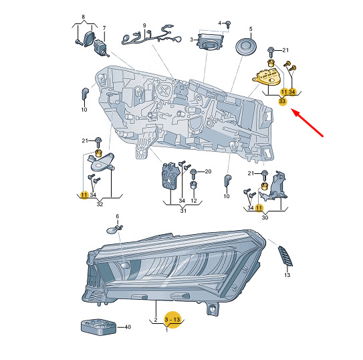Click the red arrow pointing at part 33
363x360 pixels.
pos(308,124)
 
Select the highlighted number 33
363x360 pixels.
pos(282,101)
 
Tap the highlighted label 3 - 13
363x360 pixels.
pos(172,320)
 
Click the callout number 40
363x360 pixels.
pos(128,327)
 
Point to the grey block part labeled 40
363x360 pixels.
pos(98,327)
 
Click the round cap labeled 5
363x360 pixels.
pos(246,48)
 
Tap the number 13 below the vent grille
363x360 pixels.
pos(287,275)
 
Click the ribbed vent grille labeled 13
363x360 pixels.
pos(285,256)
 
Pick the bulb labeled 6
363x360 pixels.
pos(114,230)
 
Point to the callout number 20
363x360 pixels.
pos(208,171)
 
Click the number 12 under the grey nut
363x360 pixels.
pos(194,200)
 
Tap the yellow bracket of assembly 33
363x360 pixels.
pos(267,78)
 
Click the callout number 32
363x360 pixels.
pos(100,204)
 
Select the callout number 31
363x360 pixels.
pos(183,211)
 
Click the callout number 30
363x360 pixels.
pos(265,217)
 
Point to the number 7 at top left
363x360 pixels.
pos(104,28)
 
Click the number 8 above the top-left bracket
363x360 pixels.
pos(84,17)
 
